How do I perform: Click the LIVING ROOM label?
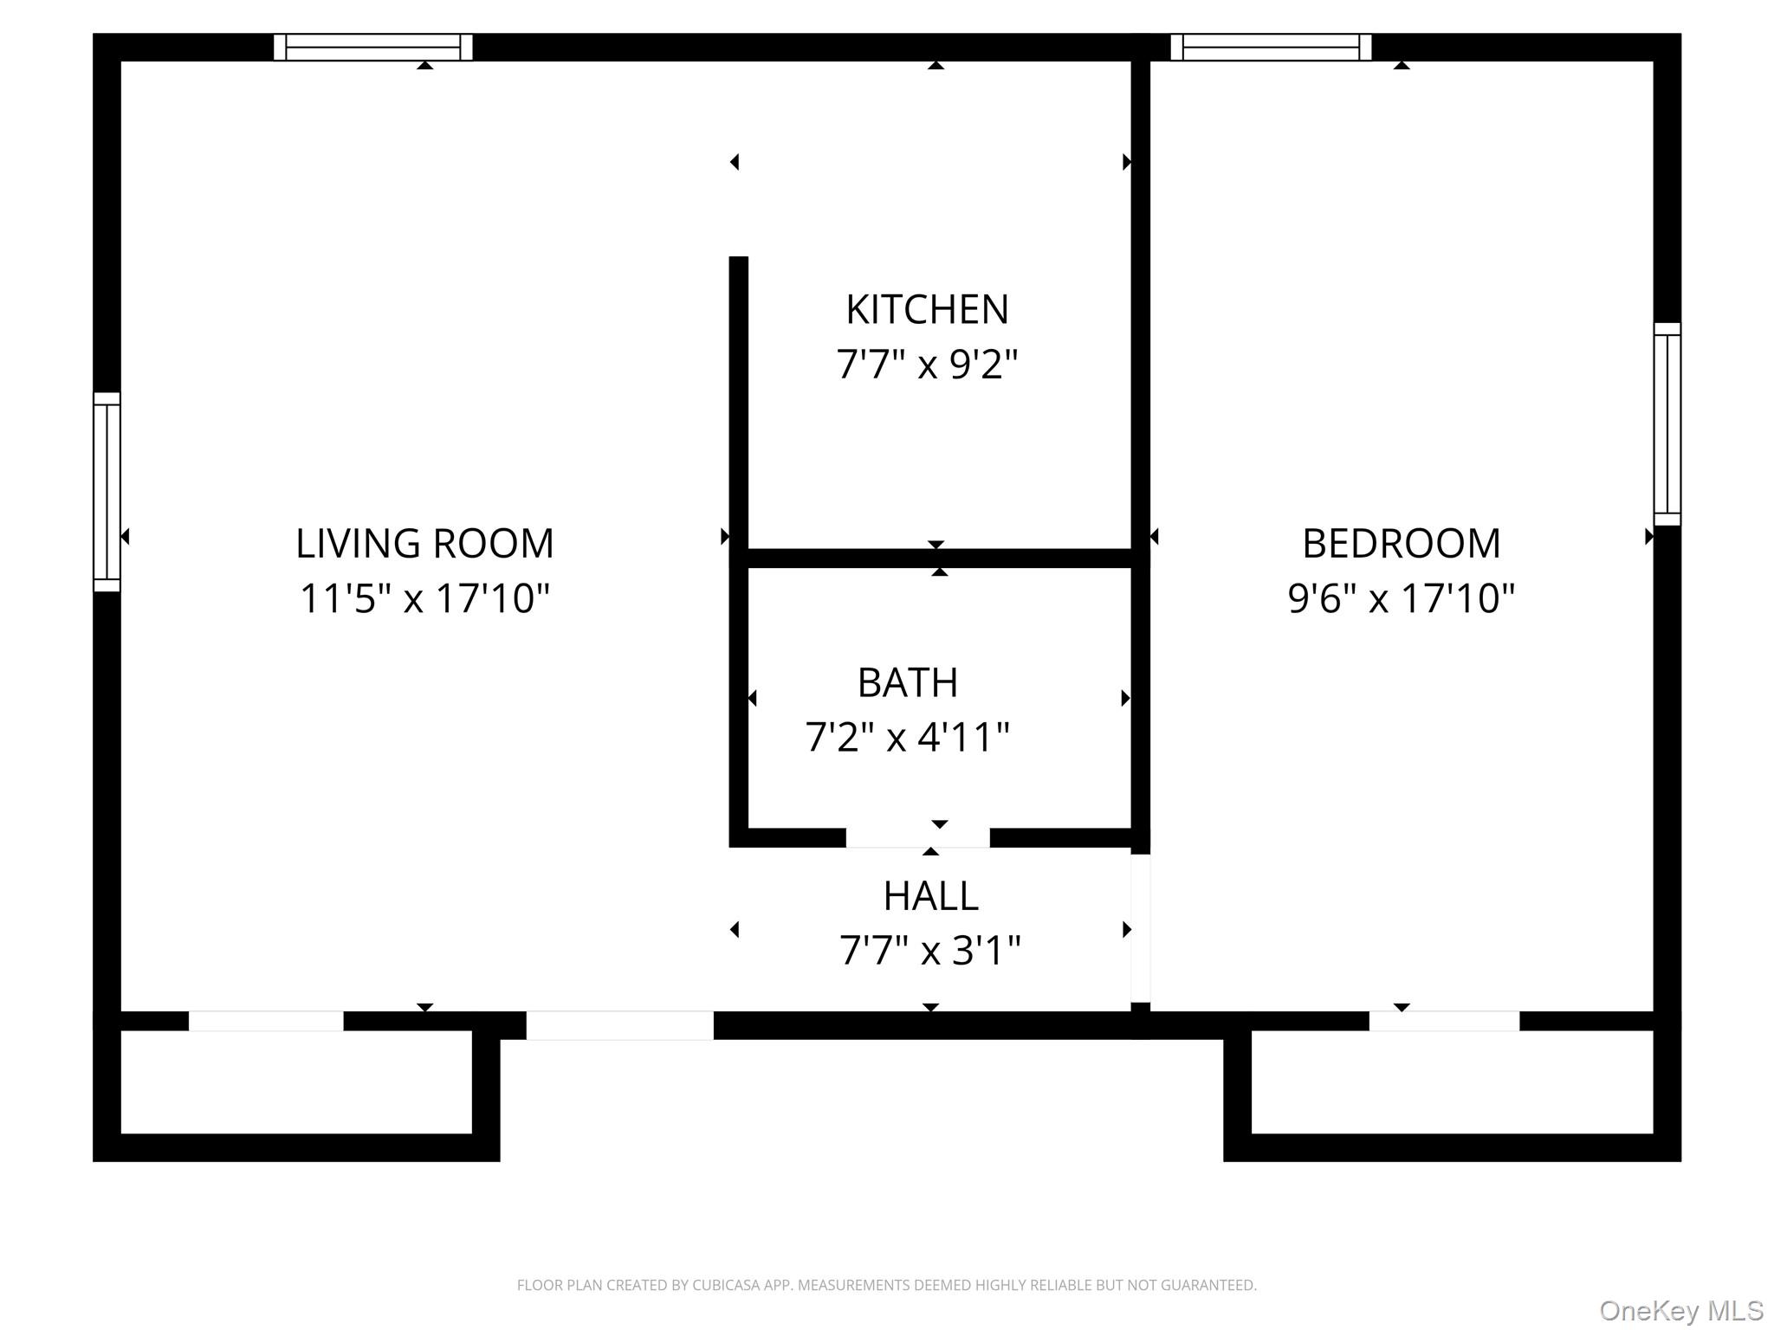(424, 544)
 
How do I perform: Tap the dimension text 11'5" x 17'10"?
(424, 598)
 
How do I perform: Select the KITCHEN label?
(927, 310)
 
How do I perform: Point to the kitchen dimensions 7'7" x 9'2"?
(927, 364)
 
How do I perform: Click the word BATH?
(908, 683)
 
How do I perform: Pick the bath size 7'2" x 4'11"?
(908, 738)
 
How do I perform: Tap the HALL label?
(930, 896)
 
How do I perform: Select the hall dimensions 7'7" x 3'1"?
(930, 951)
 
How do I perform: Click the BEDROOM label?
(1401, 544)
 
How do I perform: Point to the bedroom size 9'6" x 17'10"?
(1401, 598)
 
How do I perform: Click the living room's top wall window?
(373, 47)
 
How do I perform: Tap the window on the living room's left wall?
(107, 492)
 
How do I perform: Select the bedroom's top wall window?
(1271, 47)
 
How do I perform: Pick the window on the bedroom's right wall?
(1667, 424)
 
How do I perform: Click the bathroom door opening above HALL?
(917, 837)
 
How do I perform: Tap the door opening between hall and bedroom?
(1141, 928)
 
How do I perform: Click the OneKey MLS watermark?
(1681, 1311)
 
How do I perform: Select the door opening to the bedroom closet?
(1444, 1021)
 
